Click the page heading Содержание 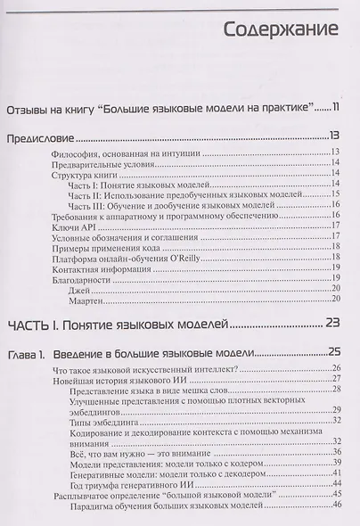pyautogui.click(x=282, y=29)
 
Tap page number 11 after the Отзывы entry pyautogui.click(x=333, y=109)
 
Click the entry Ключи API pyautogui.click(x=76, y=227)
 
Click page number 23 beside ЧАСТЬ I pyautogui.click(x=332, y=324)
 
